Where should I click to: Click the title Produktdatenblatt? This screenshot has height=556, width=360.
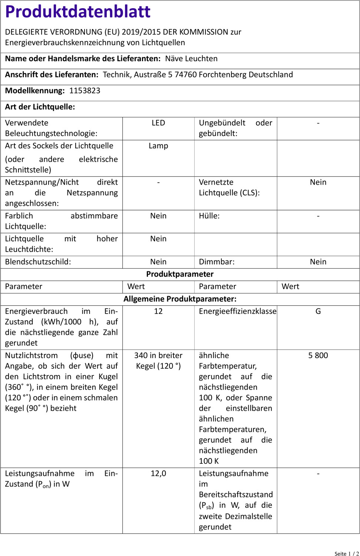point(77,12)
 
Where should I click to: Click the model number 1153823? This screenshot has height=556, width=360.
point(85,91)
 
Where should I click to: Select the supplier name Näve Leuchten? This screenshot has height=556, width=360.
point(191,59)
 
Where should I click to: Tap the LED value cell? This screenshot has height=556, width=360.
point(158,123)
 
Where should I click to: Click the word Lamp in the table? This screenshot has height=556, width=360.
point(158,146)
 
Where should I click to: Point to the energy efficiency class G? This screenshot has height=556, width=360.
point(318,311)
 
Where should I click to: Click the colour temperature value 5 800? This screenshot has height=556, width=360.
point(318,355)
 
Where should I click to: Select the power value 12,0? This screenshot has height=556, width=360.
point(158,474)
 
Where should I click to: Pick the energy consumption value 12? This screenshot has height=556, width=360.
point(158,311)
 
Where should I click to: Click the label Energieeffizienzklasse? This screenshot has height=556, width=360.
point(237,311)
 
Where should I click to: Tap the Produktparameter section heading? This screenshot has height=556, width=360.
point(180,274)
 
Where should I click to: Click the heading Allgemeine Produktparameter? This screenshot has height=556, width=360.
point(180,299)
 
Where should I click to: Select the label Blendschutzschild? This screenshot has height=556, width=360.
point(38,262)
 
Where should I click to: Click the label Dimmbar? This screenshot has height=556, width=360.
point(217,262)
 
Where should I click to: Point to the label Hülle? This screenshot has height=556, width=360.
point(209,216)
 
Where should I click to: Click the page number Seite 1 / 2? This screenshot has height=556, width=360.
point(346,554)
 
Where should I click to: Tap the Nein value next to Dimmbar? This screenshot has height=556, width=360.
point(318,262)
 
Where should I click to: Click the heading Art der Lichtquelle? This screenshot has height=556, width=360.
point(40,107)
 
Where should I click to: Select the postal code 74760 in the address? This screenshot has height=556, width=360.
point(185,75)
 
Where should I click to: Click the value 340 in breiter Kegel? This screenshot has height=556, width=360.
point(158,361)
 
